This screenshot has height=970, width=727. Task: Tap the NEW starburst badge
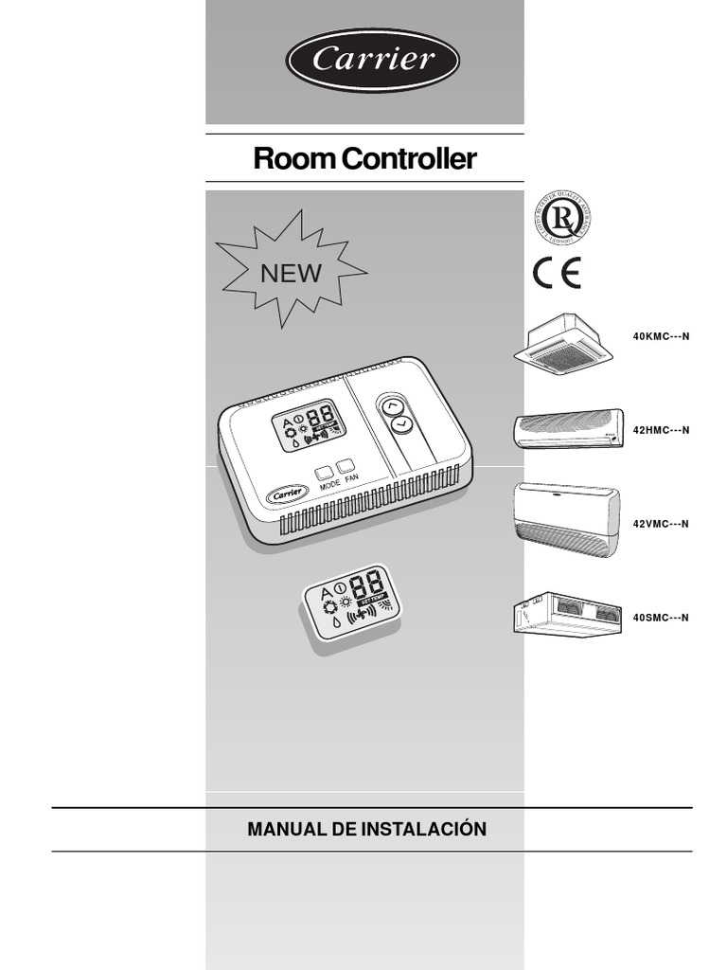[291, 273]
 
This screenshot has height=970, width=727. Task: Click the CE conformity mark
[557, 273]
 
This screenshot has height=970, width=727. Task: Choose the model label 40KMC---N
[661, 337]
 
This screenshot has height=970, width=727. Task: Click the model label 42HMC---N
[661, 430]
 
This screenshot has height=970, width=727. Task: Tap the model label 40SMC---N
[661, 618]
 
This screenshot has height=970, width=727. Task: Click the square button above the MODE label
[325, 470]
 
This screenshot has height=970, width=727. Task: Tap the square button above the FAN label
[347, 465]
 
